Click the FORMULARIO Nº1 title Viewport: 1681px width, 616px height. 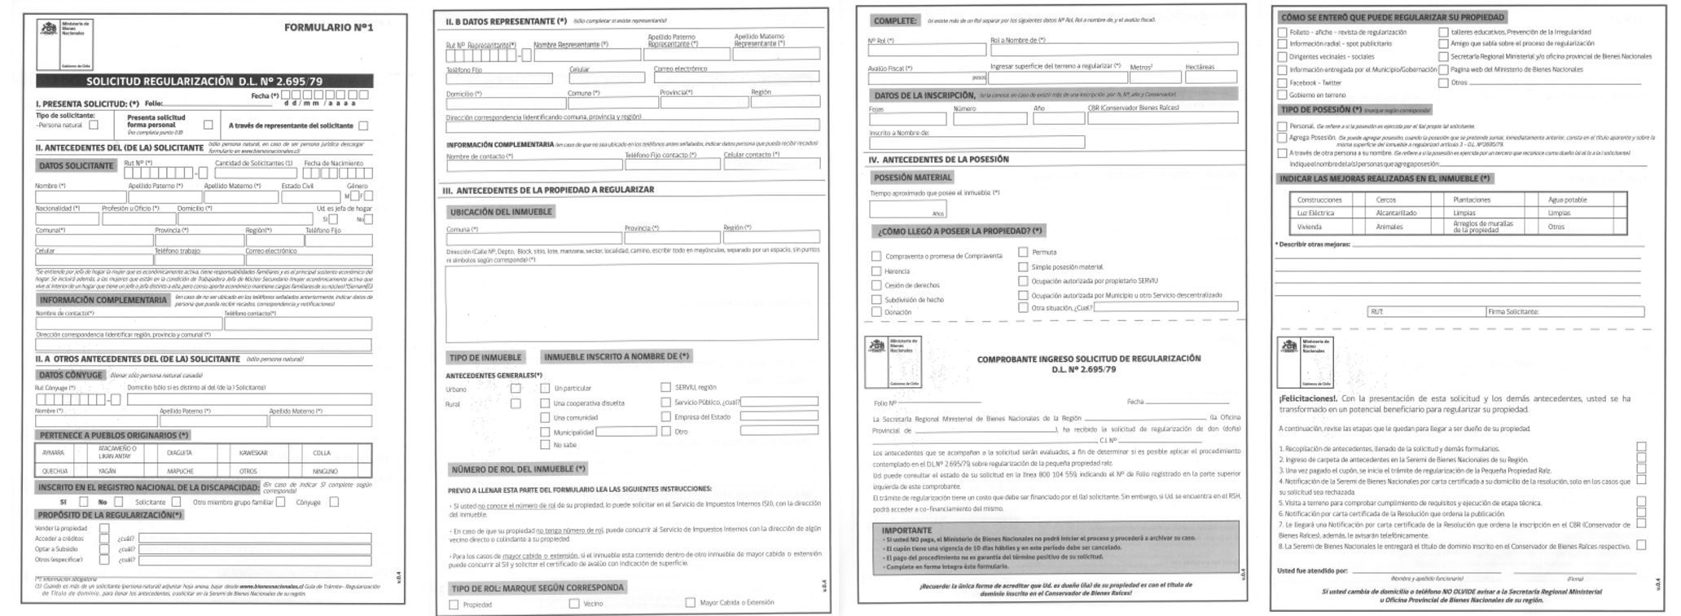(x=328, y=28)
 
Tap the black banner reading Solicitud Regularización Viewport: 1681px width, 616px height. (x=204, y=81)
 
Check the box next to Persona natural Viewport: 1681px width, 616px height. (x=94, y=125)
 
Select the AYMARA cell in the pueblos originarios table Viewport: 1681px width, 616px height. (x=53, y=453)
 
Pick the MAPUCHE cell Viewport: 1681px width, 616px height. (x=180, y=471)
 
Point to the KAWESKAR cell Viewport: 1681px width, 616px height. (x=253, y=453)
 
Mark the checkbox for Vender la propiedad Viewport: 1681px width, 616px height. (x=104, y=528)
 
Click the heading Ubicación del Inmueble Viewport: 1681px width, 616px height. (x=501, y=212)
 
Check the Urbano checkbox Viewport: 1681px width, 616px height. (x=516, y=389)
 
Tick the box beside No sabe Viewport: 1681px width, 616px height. (x=545, y=445)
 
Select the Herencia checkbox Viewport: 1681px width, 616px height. (x=876, y=271)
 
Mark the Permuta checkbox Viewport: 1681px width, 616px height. (x=1023, y=253)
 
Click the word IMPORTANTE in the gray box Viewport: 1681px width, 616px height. (x=906, y=530)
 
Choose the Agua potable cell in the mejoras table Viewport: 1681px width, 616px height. (x=1567, y=200)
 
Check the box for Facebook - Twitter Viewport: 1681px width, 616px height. (x=1282, y=82)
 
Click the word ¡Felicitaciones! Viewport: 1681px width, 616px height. (x=1307, y=398)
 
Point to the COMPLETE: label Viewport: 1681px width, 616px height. (x=894, y=20)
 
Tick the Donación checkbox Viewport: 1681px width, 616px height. (x=876, y=312)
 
